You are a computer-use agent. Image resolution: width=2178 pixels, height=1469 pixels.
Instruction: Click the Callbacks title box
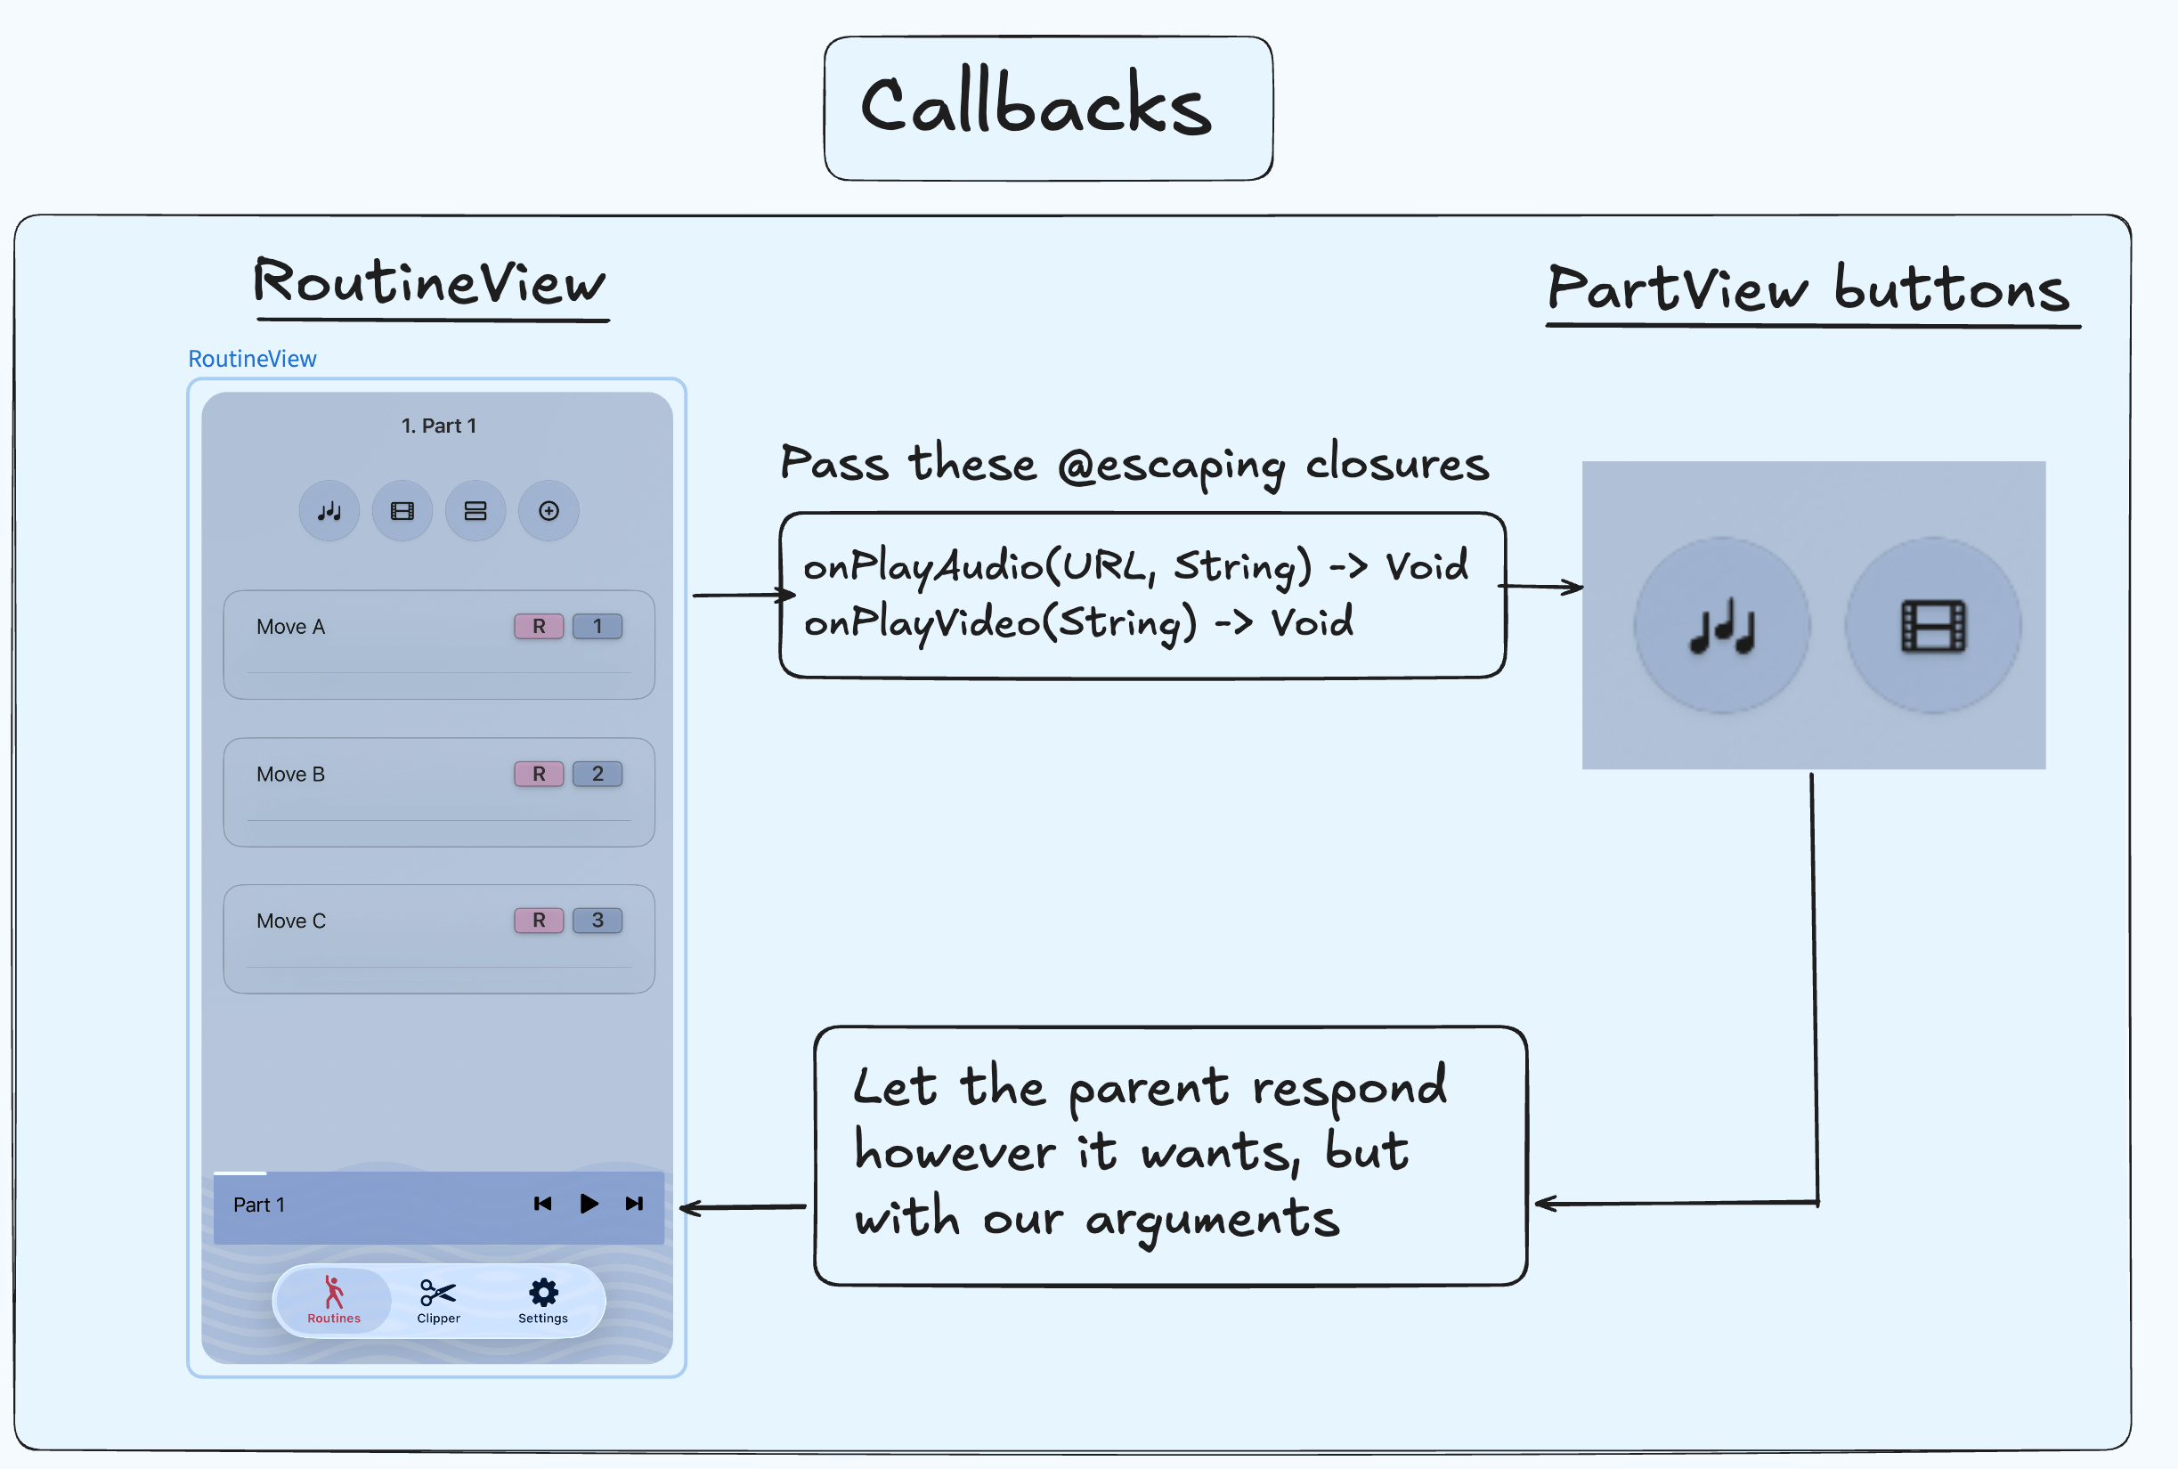point(1047,108)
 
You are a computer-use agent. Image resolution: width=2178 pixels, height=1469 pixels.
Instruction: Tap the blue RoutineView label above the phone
point(252,359)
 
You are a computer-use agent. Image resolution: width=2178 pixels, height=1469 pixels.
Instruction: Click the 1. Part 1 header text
point(438,426)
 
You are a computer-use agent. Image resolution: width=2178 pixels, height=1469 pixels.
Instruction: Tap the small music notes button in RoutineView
point(329,511)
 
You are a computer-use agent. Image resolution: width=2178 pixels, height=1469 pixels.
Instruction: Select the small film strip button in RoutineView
point(402,511)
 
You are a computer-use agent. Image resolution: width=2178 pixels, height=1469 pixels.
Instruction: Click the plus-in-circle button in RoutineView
point(549,511)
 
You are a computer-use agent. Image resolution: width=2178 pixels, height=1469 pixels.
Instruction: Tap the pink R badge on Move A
point(539,626)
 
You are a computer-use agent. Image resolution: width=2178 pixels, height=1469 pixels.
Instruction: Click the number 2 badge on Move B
point(597,774)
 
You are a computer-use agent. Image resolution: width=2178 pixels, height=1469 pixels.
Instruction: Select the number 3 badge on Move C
point(597,920)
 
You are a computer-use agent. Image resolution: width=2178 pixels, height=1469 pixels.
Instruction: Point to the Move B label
point(290,774)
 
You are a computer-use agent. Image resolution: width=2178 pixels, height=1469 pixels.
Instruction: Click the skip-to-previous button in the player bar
point(542,1204)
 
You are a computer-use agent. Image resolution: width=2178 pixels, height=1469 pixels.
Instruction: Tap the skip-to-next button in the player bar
point(634,1204)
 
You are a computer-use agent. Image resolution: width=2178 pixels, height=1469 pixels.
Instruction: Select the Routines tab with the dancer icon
point(334,1300)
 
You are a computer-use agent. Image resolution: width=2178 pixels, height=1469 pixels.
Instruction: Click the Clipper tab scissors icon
point(438,1295)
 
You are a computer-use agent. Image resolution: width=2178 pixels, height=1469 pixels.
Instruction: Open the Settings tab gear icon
point(543,1295)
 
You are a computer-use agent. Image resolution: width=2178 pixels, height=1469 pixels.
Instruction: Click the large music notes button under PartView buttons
point(1722,625)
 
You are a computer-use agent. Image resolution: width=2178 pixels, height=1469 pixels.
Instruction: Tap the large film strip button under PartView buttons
point(1932,625)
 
